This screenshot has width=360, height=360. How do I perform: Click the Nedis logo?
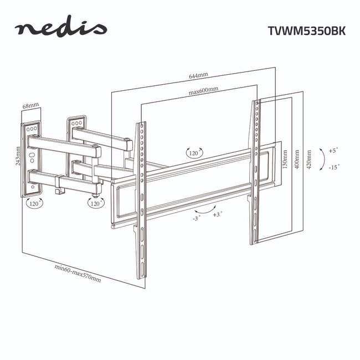(61, 29)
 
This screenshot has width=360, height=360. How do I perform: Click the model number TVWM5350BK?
(307, 31)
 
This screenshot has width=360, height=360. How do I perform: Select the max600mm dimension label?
(203, 90)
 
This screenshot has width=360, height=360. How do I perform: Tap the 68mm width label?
(30, 105)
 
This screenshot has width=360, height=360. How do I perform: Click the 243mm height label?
(18, 156)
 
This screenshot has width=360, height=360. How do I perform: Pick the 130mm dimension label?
(285, 161)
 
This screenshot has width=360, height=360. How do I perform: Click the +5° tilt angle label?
(333, 150)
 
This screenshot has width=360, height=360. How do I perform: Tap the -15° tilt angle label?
(333, 166)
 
